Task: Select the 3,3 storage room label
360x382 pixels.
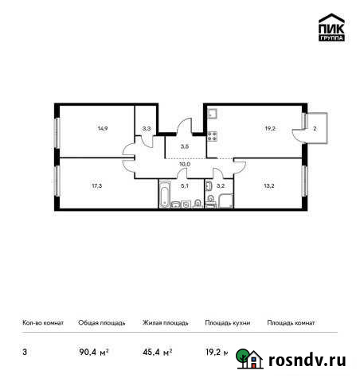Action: pos(146,126)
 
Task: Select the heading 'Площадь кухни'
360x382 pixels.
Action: pos(228,323)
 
